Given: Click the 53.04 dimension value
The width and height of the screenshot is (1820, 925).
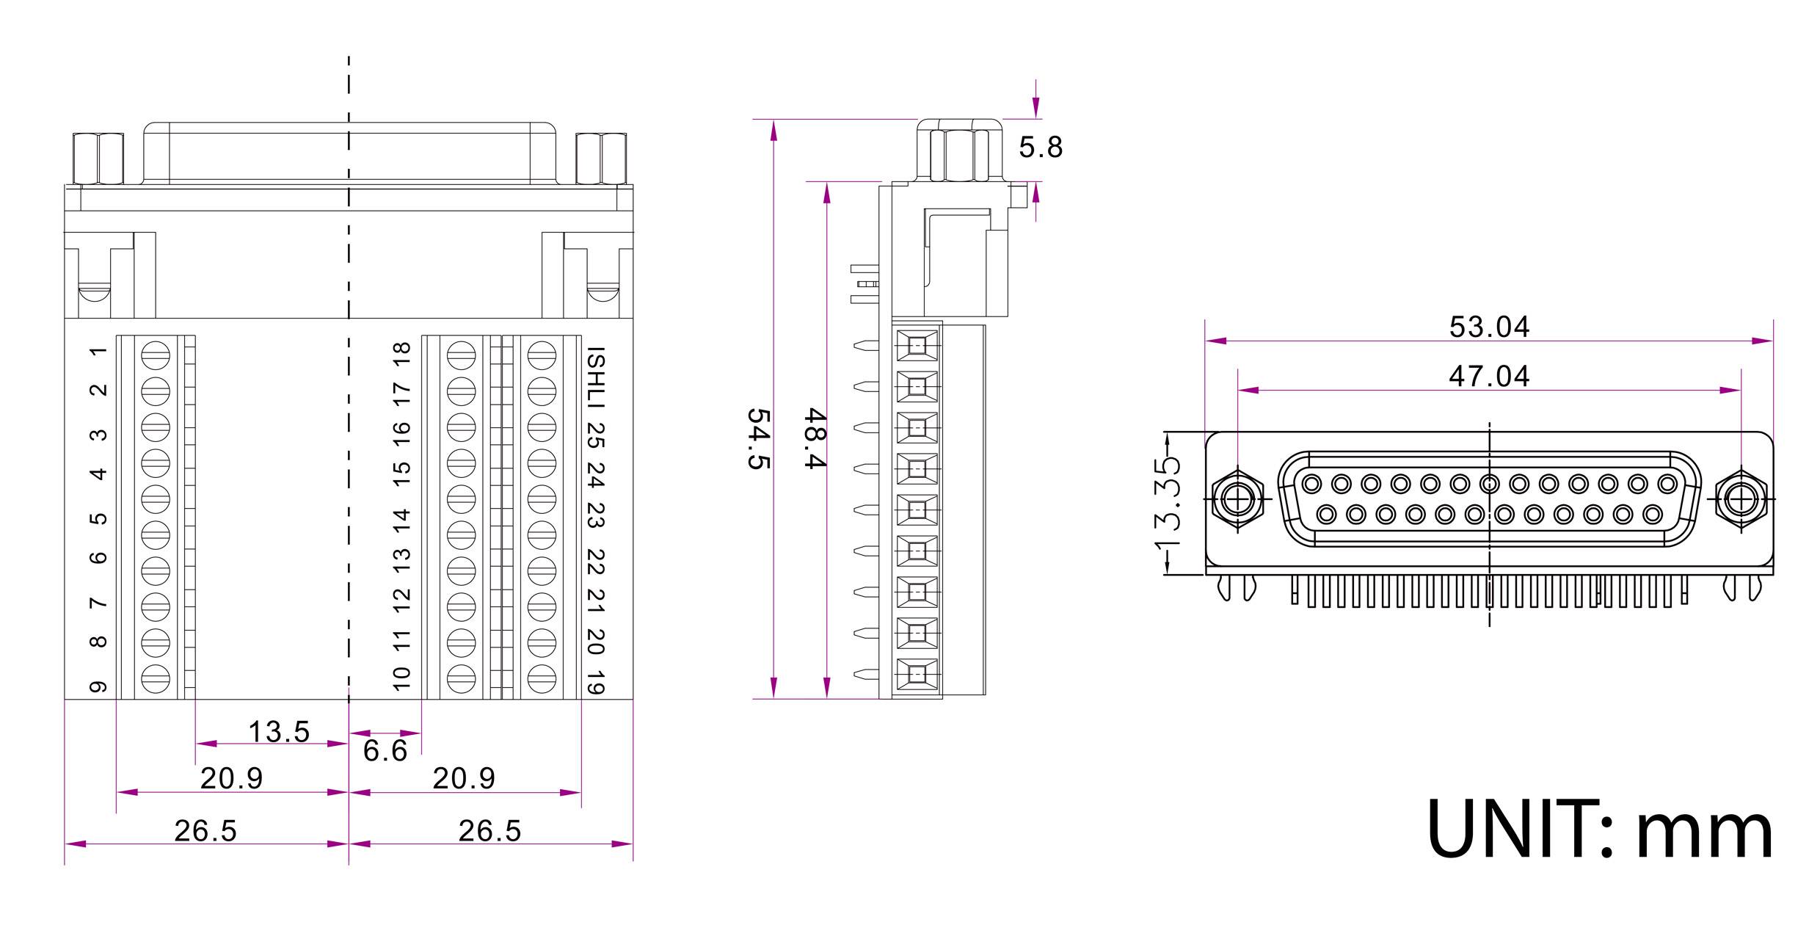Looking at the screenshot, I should tap(1489, 327).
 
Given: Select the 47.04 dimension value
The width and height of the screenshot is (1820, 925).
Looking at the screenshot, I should tap(1489, 376).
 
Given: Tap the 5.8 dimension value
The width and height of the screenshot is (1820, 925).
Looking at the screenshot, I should tap(1041, 148).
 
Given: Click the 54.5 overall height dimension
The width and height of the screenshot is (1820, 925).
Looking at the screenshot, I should tap(759, 439).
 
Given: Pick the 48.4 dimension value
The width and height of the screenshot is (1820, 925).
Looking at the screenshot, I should tap(815, 438).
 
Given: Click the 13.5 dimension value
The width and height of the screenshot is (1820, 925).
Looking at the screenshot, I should tap(279, 731).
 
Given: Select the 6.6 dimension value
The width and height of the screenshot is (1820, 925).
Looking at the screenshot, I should tap(385, 750).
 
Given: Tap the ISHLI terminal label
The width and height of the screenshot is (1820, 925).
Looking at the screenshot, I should tap(596, 378).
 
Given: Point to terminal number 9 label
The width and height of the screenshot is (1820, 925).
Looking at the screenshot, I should tap(98, 686).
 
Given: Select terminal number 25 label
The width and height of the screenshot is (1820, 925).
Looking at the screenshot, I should tap(596, 435).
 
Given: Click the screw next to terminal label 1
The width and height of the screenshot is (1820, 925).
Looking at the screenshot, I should tap(156, 355).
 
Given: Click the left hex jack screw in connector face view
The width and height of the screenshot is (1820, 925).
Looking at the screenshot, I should tap(1237, 500).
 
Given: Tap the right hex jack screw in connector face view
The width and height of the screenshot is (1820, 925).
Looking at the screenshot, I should tap(1741, 500).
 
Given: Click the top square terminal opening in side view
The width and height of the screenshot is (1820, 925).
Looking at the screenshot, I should tap(917, 345).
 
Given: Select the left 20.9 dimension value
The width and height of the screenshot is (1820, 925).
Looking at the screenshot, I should tap(231, 778).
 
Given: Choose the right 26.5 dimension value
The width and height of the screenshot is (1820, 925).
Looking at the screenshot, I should tap(489, 831).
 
